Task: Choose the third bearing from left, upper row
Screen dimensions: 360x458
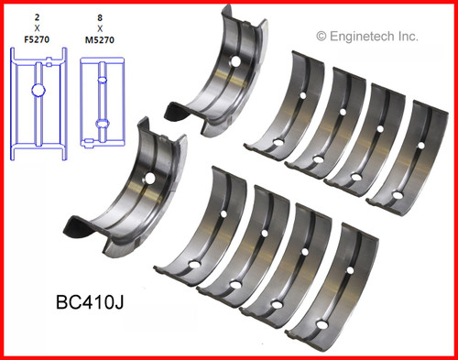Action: (359, 136)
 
